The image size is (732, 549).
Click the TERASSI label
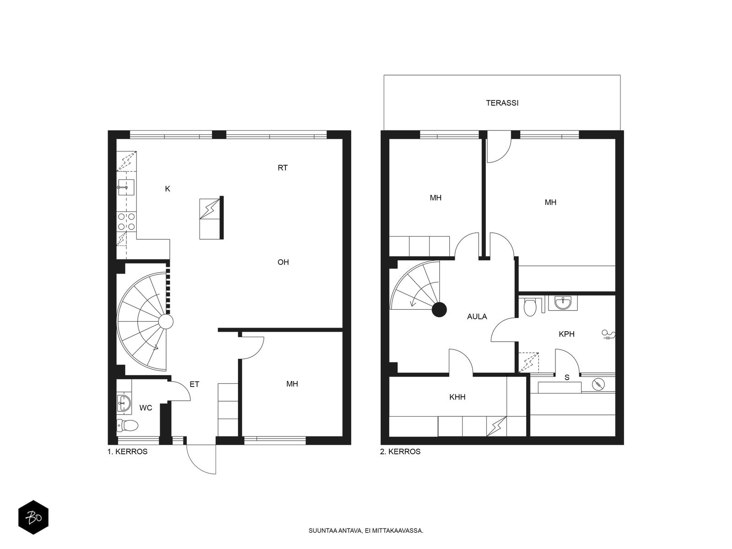click(502, 103)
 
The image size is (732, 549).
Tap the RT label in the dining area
click(282, 167)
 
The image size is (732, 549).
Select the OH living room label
click(283, 262)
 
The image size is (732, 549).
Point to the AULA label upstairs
click(477, 317)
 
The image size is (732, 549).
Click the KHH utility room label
click(457, 397)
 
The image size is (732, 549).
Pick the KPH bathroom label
click(566, 334)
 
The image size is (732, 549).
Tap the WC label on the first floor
click(146, 408)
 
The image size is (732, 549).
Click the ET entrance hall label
click(194, 384)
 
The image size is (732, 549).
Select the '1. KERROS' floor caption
click(127, 452)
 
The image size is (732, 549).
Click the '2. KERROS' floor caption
click(400, 452)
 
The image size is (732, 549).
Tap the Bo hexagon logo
click(33, 517)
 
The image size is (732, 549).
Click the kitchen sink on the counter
click(126, 187)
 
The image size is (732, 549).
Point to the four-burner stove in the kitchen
click(126, 222)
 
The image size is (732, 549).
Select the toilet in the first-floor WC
click(127, 425)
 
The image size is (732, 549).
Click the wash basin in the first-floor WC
click(124, 404)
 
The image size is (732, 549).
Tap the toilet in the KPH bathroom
click(530, 307)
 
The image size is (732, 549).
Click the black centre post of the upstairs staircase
click(439, 310)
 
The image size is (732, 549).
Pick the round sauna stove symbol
click(598, 384)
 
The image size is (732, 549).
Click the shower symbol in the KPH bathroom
click(608, 334)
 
